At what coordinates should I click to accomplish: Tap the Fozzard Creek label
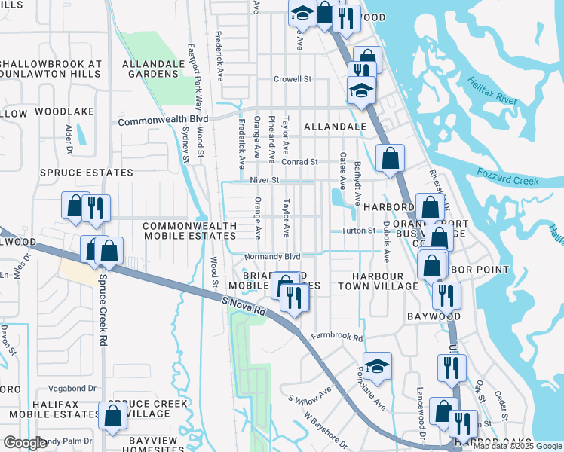tap(507, 177)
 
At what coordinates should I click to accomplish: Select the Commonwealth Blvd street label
tap(163, 120)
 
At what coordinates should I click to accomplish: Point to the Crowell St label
tap(293, 78)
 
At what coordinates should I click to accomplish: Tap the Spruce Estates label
tap(87, 173)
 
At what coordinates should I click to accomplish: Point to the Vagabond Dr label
tap(72, 388)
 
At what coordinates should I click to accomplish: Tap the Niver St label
tap(265, 181)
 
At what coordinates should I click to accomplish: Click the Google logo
tap(25, 443)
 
